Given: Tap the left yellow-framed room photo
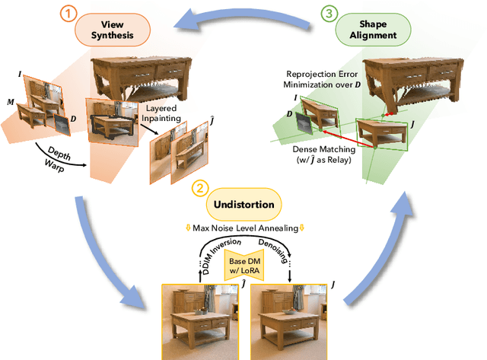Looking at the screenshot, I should (x=199, y=320).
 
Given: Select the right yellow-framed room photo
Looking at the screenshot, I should (x=289, y=320).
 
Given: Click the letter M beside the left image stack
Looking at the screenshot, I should (x=10, y=101).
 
